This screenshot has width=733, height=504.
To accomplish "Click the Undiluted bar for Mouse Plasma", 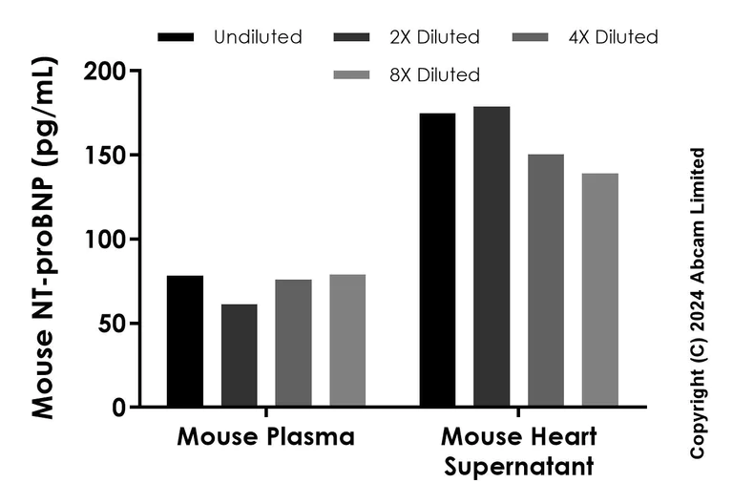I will (185, 341).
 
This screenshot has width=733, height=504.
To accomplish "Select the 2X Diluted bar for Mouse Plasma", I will (239, 355).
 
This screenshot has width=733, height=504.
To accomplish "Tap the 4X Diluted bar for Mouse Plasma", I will (293, 343).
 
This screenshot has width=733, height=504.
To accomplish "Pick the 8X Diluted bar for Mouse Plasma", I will (347, 341).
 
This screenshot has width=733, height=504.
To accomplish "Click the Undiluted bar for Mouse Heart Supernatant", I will (438, 260).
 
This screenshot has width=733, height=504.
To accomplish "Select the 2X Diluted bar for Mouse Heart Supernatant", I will (492, 257).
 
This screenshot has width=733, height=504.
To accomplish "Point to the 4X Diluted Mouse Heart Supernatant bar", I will (546, 281).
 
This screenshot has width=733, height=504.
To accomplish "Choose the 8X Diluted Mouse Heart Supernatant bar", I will (600, 290).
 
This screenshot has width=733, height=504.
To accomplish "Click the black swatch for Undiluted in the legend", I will (176, 37).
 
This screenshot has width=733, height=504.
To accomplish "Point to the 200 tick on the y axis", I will (104, 73).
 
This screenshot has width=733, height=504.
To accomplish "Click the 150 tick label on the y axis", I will (104, 156).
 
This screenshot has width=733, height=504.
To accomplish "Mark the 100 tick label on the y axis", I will (104, 240).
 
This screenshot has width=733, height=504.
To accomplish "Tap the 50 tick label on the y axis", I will (112, 324).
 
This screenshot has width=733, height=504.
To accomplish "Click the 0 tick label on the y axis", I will (119, 408).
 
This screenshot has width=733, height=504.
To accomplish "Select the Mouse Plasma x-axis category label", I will (265, 438).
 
